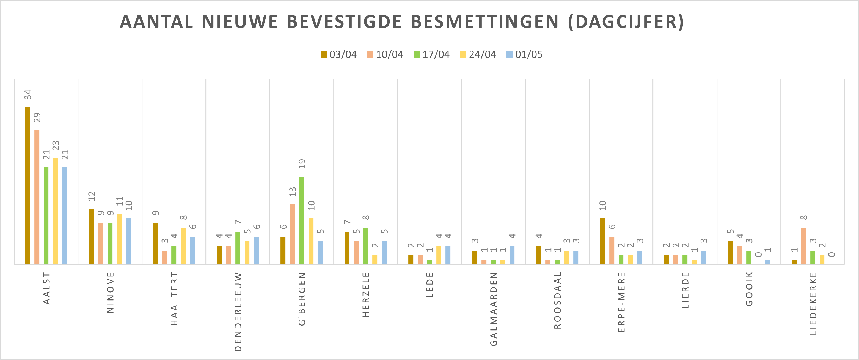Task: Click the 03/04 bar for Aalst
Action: click(27, 186)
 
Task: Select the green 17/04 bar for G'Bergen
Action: click(301, 220)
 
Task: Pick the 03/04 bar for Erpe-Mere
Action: click(602, 241)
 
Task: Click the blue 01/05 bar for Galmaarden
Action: click(512, 255)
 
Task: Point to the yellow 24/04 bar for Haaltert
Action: click(183, 246)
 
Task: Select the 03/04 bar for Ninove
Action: click(91, 236)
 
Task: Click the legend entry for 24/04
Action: click(478, 54)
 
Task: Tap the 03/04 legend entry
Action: click(338, 54)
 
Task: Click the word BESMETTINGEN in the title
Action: click(484, 22)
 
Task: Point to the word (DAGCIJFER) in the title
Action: click(626, 22)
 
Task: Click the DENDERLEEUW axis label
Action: click(238, 312)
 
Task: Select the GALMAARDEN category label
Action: click(494, 309)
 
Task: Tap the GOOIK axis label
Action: click(749, 289)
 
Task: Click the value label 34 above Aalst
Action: click(28, 94)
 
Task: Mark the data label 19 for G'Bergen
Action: click(302, 163)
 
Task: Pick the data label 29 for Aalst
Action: click(37, 118)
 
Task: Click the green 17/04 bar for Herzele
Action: click(365, 246)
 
